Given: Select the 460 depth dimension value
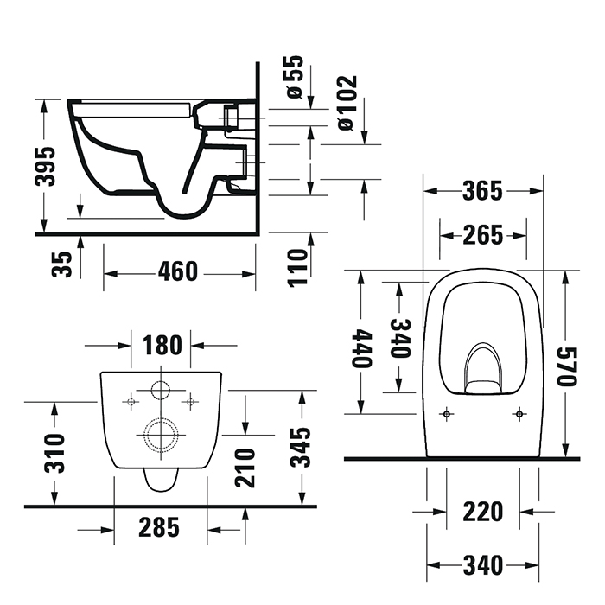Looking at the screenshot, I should coord(178,271).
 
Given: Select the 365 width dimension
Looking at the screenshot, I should coord(482,191).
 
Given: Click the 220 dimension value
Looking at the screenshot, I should coord(482,512).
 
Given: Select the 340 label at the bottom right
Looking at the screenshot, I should coord(482,565).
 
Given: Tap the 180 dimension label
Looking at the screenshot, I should coord(162,346).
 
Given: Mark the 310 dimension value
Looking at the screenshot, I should coord(54,451).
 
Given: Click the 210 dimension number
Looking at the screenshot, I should coord(245,467).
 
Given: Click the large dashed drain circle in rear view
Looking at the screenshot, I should coord(160,434).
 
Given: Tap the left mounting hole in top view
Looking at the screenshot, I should coord(446,413).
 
